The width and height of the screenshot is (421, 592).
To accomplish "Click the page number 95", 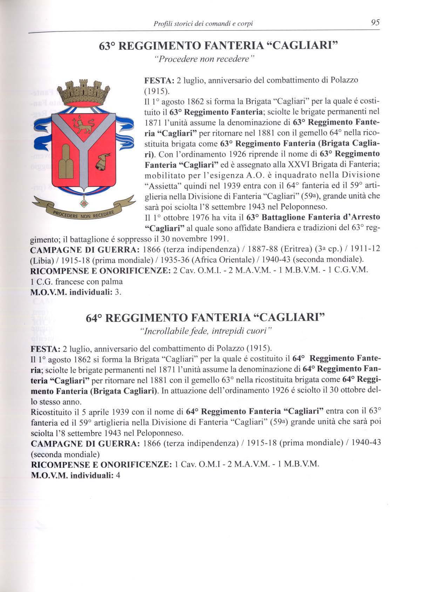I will pyautogui.click(x=375, y=23).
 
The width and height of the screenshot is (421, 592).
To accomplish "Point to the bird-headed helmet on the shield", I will pyautogui.click(x=103, y=162).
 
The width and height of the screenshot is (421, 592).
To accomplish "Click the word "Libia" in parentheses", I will pyautogui.click(x=42, y=260).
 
